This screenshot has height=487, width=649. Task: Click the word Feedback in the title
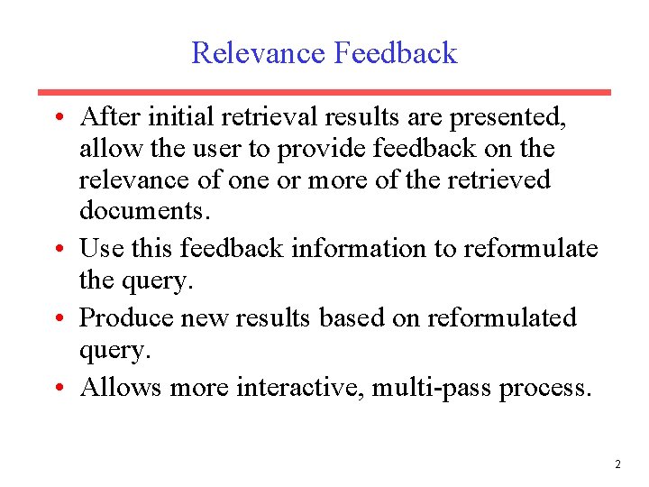(396, 53)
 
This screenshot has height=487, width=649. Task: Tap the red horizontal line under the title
(324, 92)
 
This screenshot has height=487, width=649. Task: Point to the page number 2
(617, 464)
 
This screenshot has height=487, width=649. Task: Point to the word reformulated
(502, 317)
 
